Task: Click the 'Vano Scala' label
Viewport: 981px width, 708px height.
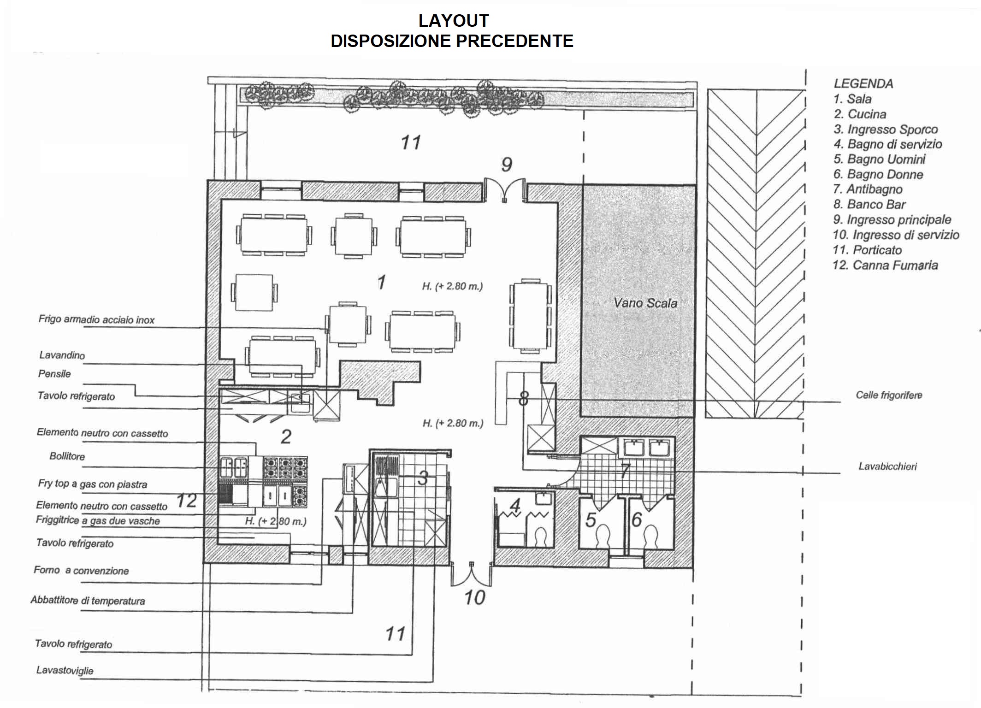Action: click(x=645, y=303)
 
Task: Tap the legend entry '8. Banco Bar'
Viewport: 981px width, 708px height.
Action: click(x=869, y=205)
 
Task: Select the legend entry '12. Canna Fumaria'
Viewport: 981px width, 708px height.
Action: click(x=885, y=265)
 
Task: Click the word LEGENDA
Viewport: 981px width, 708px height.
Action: click(x=863, y=84)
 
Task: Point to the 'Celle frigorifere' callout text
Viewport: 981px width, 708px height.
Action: click(x=889, y=395)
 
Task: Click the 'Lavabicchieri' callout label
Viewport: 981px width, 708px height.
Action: click(x=887, y=466)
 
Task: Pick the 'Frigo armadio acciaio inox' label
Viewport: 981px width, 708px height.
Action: click(x=96, y=320)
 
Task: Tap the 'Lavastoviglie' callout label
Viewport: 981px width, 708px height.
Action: click(x=65, y=671)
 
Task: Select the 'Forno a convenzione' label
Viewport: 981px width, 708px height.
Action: click(x=81, y=571)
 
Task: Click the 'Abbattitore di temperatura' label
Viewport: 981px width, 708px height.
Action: click(x=88, y=601)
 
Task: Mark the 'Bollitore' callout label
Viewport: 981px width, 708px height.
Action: click(x=67, y=456)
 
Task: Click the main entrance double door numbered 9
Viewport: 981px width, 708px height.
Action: click(x=505, y=190)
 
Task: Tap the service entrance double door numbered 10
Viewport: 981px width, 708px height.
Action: click(x=471, y=574)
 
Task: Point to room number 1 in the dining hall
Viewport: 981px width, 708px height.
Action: click(x=381, y=282)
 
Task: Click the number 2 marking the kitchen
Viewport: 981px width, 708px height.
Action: click(x=286, y=437)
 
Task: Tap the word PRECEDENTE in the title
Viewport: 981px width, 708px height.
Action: click(x=515, y=41)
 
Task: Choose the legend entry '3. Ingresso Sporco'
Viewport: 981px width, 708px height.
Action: click(x=886, y=130)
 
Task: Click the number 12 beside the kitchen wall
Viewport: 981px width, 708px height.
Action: click(x=187, y=501)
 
